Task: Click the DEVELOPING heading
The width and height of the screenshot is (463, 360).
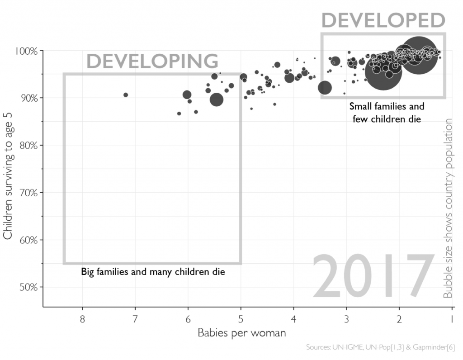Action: coord(152,61)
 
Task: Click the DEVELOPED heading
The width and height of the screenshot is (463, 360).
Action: coord(383,21)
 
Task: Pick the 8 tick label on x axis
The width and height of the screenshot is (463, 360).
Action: coord(82,319)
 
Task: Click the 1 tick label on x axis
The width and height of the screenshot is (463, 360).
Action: coord(452,319)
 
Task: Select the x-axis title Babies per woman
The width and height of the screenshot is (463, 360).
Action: coord(242,333)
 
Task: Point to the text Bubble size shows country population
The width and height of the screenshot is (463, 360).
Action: coord(448,208)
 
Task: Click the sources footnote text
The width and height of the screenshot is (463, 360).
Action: coord(380,347)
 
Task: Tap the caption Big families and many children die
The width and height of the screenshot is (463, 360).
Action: coord(153,272)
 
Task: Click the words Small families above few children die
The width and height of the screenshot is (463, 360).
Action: coord(387,107)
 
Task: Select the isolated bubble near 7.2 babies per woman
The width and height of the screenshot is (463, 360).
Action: coord(126,95)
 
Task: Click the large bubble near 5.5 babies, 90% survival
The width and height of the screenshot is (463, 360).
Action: coord(217,100)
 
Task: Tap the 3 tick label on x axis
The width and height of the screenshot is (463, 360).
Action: coord(346,319)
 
